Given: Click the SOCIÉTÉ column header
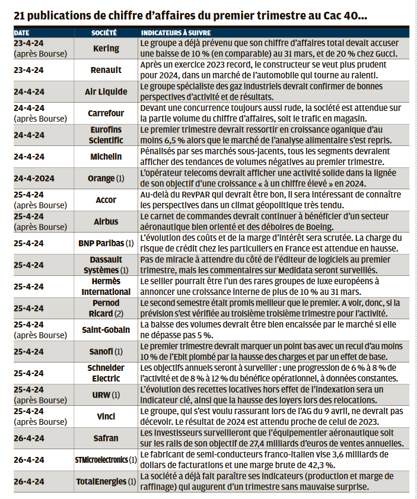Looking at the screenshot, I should pyautogui.click(x=104, y=31).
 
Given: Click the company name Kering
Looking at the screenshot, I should pyautogui.click(x=106, y=49).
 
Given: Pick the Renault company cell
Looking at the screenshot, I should pyautogui.click(x=106, y=70).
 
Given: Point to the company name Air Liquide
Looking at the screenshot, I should pyautogui.click(x=106, y=91).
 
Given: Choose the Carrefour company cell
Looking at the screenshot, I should pyautogui.click(x=106, y=113).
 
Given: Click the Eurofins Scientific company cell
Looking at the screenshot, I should pyautogui.click(x=107, y=135).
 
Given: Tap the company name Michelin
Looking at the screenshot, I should pyautogui.click(x=106, y=157).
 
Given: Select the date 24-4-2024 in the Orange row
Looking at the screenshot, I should pyautogui.click(x=33, y=178).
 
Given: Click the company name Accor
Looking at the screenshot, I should pyautogui.click(x=106, y=200).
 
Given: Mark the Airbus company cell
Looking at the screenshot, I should pyautogui.click(x=106, y=221).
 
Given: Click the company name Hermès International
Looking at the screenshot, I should pyautogui.click(x=106, y=287).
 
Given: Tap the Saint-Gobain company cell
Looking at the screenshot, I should pyautogui.click(x=106, y=330).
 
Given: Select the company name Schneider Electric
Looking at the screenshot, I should pyautogui.click(x=106, y=373).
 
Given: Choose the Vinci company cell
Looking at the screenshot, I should pyautogui.click(x=106, y=417).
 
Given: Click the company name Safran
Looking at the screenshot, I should pyautogui.click(x=106, y=438).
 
